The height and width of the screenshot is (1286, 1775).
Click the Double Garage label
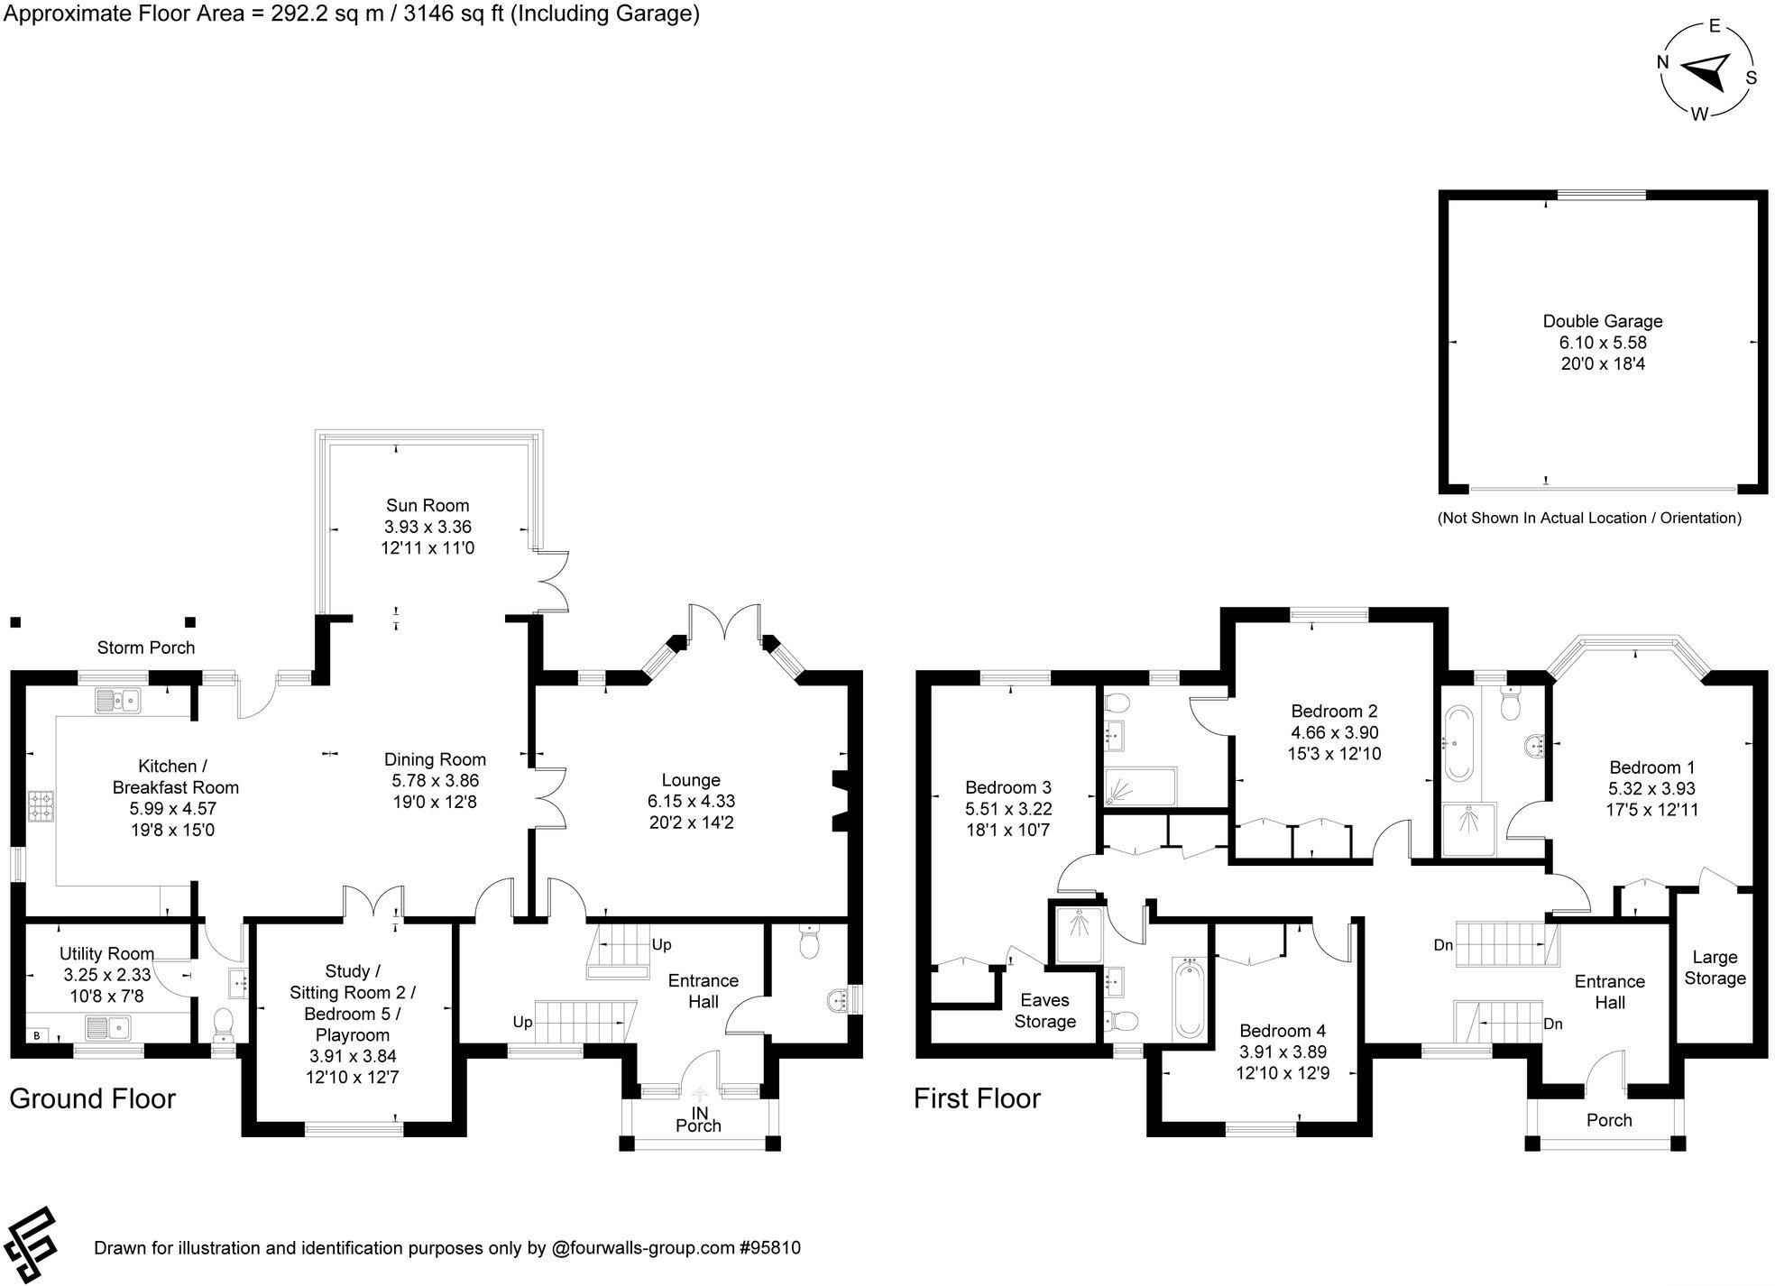[x=1603, y=321]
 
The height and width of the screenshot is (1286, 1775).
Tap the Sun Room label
[x=428, y=505]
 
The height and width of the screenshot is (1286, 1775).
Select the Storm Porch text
[x=146, y=648]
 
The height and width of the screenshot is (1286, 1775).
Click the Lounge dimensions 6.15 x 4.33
[x=691, y=801]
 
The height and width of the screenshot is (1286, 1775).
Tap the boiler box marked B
[x=37, y=1035]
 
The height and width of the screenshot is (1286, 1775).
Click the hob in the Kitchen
[x=42, y=805]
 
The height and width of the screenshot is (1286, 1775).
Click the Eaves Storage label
[x=1044, y=1011]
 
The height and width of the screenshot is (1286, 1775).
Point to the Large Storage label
[x=1715, y=968]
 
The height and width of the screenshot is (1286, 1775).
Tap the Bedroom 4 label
[x=1283, y=1031]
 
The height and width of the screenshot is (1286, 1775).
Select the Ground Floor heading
[x=92, y=1098]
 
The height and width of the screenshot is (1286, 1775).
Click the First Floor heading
[x=977, y=1098]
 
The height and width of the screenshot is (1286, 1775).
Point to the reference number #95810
[x=769, y=1248]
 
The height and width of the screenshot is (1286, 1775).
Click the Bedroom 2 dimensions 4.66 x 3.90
[x=1334, y=732]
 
